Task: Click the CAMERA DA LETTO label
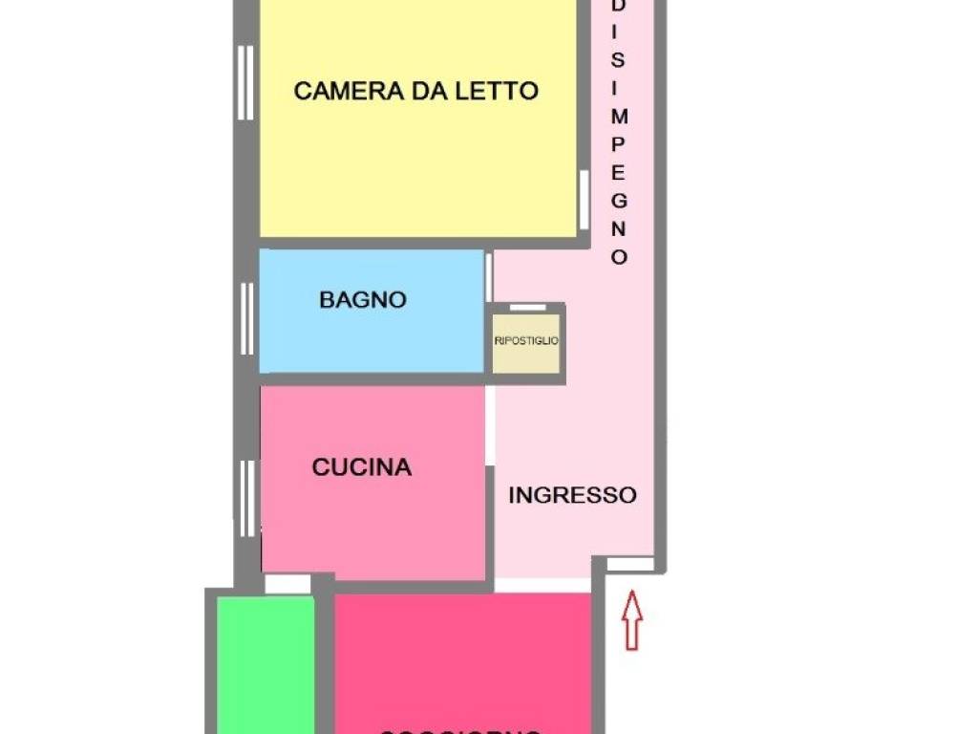click(415, 91)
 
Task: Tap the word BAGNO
click(363, 299)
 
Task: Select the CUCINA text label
click(362, 467)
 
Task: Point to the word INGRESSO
click(572, 495)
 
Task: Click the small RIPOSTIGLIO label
click(526, 340)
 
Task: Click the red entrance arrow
click(632, 619)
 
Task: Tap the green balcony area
click(266, 664)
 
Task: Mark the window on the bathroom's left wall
click(246, 318)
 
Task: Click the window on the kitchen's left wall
click(247, 498)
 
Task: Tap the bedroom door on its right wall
click(584, 199)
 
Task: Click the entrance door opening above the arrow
click(630, 565)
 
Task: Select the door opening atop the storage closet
click(527, 308)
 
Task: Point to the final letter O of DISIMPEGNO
click(619, 257)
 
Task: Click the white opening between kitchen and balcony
click(287, 584)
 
